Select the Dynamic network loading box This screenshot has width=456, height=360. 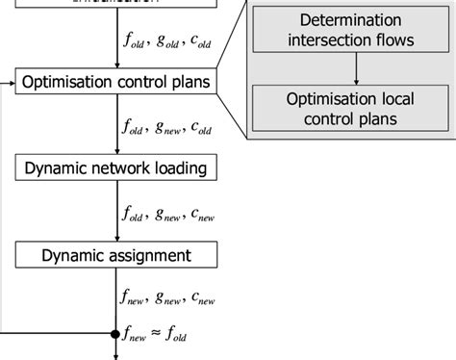point(116,168)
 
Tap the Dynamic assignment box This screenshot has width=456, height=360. point(116,255)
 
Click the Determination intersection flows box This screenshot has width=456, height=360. point(352,31)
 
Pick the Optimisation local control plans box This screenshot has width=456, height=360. point(352,109)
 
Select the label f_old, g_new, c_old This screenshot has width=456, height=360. point(168,127)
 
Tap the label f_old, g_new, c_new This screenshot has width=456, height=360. point(168,214)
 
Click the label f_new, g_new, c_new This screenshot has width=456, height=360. point(168,299)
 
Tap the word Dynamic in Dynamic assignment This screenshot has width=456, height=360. point(76,255)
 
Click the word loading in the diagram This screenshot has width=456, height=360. point(179,169)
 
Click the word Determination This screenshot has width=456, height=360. point(352,20)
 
